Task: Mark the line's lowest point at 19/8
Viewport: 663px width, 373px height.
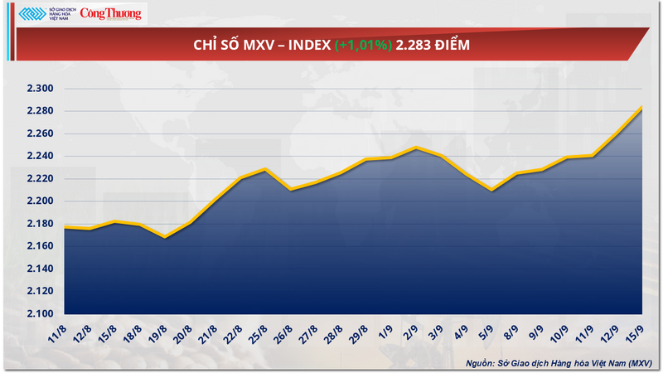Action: click(165, 238)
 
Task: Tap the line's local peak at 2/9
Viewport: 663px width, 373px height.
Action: click(416, 148)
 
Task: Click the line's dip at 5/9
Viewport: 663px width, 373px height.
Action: click(491, 190)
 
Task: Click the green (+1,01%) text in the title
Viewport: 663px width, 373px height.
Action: click(363, 45)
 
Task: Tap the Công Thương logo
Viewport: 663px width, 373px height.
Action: click(110, 13)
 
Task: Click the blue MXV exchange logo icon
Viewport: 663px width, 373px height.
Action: click(31, 14)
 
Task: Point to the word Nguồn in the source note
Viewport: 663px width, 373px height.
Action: click(483, 363)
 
